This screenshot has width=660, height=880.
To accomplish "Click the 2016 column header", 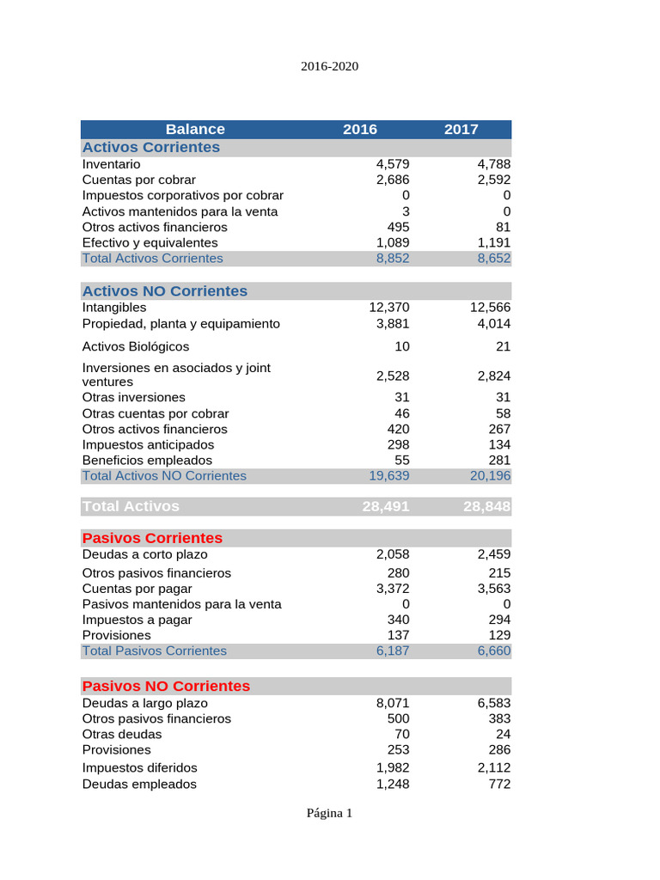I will pos(359,129).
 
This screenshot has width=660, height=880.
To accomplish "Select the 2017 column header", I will pos(461,129).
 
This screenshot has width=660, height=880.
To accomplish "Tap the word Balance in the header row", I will pos(195,129).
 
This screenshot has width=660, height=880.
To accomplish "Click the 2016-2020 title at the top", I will pos(330,65).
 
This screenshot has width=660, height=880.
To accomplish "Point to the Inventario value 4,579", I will pos(393,164).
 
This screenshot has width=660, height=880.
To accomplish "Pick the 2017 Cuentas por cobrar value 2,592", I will pos(493,180).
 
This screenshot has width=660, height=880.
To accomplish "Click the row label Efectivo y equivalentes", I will pos(150,243).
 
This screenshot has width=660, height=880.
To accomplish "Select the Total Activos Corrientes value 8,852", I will pos(393,259).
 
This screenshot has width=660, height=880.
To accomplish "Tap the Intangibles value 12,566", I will pos(490,308).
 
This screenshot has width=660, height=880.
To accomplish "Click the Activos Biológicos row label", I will pos(136,346).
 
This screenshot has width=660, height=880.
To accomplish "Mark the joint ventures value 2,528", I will pos(393,376).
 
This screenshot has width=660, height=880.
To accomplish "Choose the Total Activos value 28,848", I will pos(486,507).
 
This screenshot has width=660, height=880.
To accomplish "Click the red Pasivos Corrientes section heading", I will pos(152,538).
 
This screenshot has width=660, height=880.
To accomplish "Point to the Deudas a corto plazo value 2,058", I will pos(393,554).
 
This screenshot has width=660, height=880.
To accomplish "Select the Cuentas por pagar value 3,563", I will pos(493,589).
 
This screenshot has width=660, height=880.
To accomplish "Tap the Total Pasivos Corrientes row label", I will pos(154,651).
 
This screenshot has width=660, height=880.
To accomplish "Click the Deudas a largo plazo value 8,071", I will pos(393,703).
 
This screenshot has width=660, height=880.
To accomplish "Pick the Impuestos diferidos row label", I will pos(139,767).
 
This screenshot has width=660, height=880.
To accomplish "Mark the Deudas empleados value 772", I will pos(498,785).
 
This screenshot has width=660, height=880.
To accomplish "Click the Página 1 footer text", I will pos(330,813).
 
